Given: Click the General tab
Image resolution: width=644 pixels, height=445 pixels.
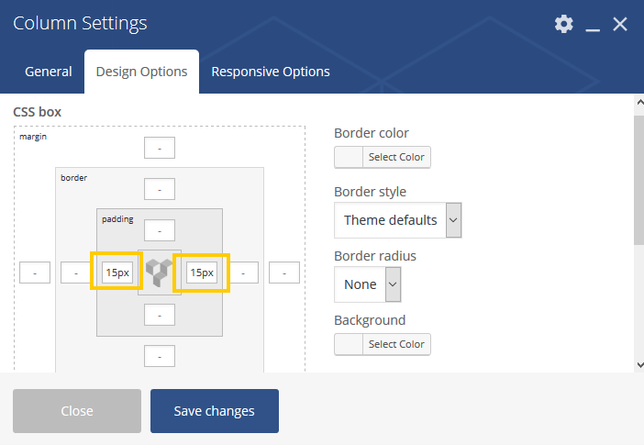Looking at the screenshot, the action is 49,72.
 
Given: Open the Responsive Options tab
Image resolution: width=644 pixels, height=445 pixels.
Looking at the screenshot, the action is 271,72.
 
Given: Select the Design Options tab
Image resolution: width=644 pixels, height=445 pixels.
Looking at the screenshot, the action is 141,72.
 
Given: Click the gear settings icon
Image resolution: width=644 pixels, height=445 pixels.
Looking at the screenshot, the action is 564,24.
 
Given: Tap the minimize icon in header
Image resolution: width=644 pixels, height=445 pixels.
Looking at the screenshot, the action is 593,29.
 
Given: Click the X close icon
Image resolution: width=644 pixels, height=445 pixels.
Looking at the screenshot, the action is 620,24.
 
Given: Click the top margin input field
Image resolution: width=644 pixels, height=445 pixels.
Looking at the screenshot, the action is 160,148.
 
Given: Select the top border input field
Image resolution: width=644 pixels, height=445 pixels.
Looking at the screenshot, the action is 160,189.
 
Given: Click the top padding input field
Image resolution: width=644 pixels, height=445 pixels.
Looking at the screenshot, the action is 160,230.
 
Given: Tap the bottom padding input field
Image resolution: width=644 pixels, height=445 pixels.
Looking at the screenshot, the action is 160,315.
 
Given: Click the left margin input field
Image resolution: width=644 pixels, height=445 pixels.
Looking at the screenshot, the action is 35,273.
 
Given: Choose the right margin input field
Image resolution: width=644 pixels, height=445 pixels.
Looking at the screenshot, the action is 284,273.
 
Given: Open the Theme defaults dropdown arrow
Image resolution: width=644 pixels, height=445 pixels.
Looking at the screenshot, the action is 453,220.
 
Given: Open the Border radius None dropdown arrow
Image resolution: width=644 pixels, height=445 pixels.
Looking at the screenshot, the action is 393,284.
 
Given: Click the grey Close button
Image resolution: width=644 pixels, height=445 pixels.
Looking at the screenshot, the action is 77,411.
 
